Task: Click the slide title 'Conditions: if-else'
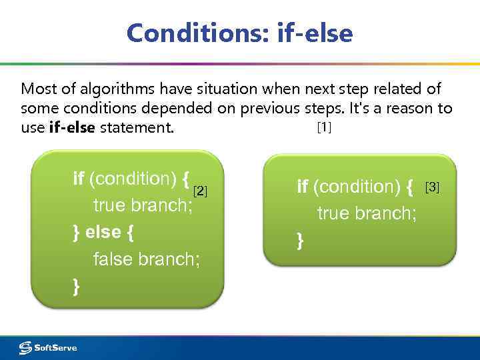[x=239, y=33]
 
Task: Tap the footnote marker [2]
[x=200, y=192]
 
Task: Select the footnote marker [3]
[x=432, y=187]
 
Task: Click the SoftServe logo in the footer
[x=48, y=347]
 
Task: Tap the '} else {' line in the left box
[x=103, y=232]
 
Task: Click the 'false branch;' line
[x=146, y=259]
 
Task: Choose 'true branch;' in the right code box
[x=367, y=213]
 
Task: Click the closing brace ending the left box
[x=76, y=286]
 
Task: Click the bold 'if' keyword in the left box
[x=78, y=178]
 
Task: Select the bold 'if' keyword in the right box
[x=302, y=187]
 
